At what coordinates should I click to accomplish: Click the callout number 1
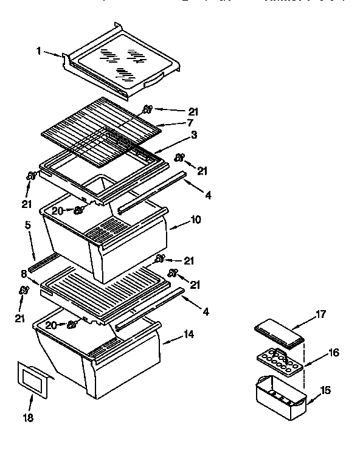[39, 52]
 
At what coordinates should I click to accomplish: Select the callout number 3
[193, 135]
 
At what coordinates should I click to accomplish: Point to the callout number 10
[196, 220]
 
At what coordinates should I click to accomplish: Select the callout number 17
[322, 314]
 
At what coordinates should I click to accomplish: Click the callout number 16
[334, 352]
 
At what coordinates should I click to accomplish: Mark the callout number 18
[29, 418]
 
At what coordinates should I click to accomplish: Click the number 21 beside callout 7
[193, 112]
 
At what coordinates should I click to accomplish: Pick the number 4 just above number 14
[207, 311]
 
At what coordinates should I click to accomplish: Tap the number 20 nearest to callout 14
[51, 325]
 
